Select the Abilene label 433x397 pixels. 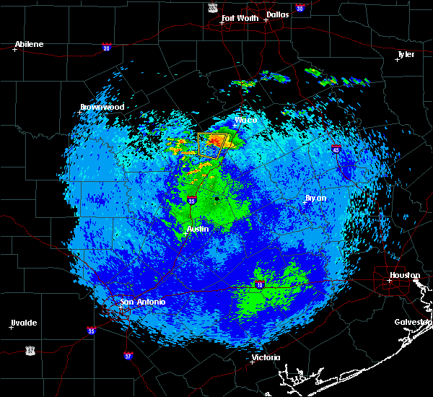pos(29,45)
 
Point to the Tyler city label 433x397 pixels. pos(406,54)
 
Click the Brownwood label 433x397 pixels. pos(102,108)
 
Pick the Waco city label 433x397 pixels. pos(246,120)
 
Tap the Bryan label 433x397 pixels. pos(315,198)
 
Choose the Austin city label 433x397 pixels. pos(198,229)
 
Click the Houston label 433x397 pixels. pos(405,276)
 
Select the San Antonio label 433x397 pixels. pos(142,302)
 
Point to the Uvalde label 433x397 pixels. pos(23,323)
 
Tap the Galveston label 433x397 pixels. pos(413,322)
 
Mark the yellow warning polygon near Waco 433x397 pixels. pos(212,144)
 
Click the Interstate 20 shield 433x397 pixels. pos(106,48)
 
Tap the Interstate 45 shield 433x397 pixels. pos(336,149)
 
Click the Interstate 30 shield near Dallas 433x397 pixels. pos(299,8)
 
